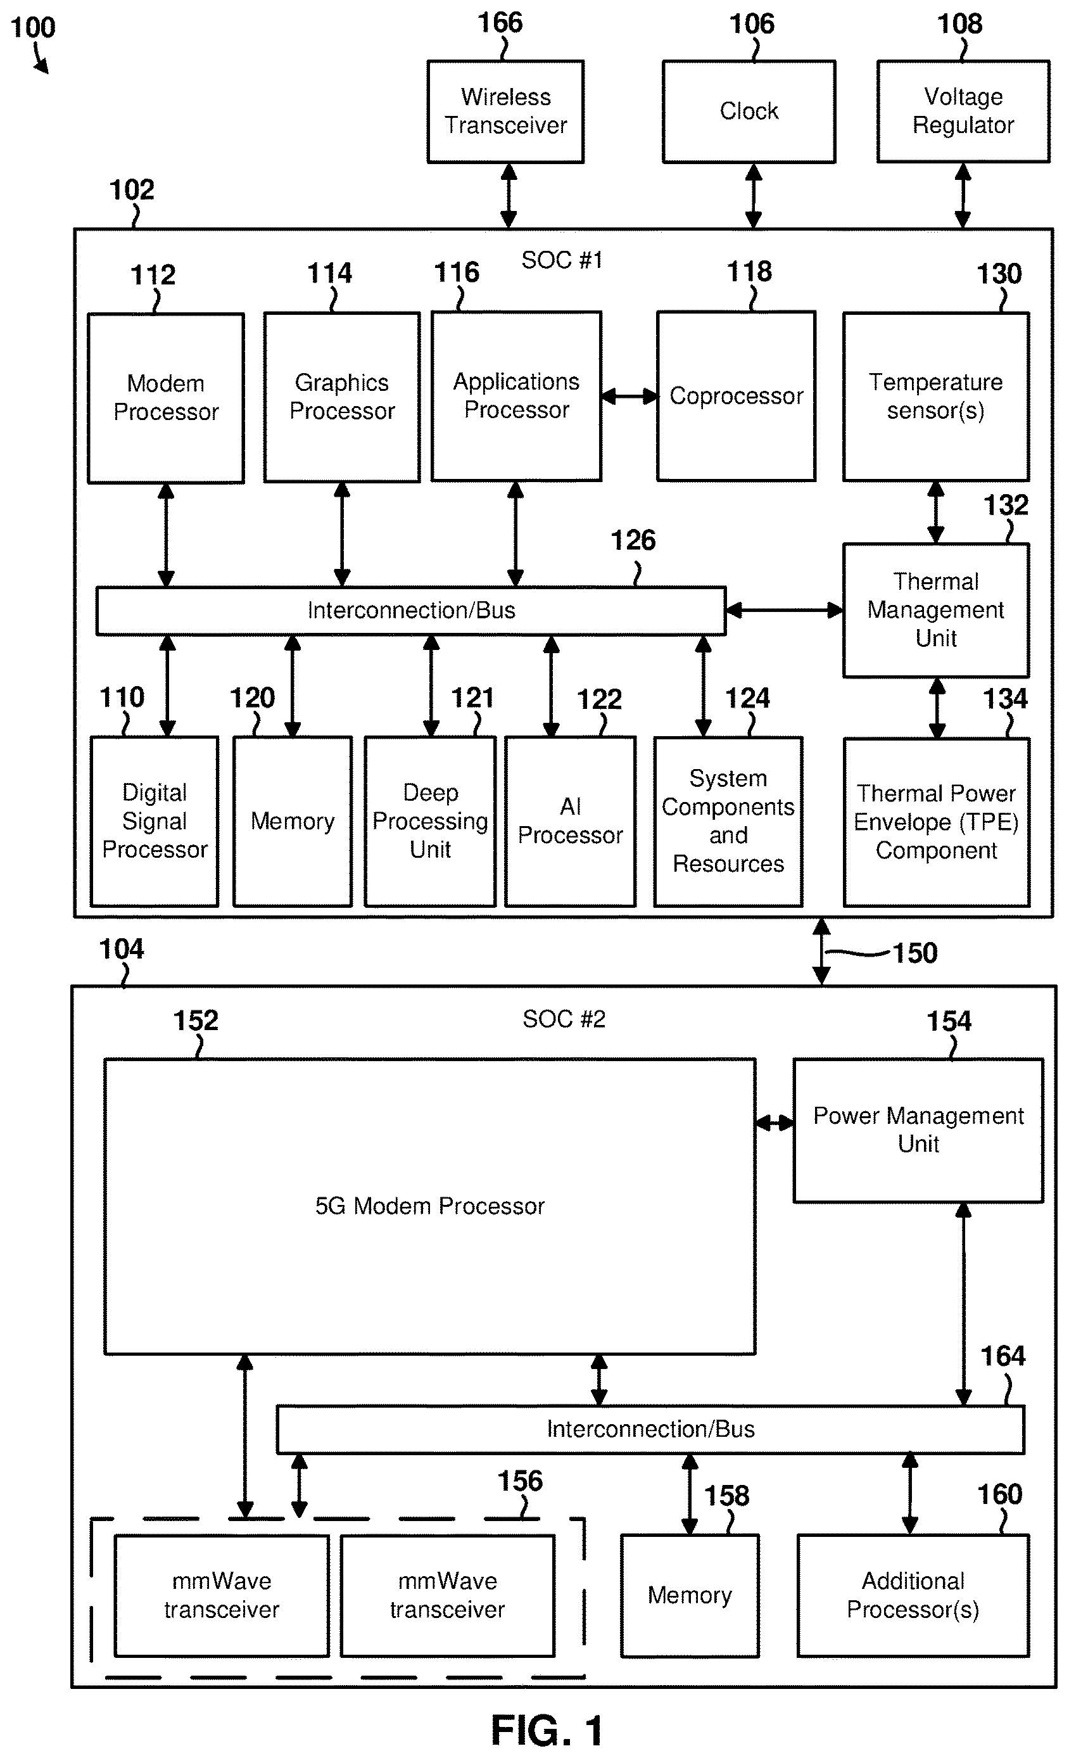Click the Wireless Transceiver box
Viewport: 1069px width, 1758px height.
point(505,111)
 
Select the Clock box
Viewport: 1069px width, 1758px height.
point(749,111)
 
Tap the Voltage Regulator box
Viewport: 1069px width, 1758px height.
point(963,111)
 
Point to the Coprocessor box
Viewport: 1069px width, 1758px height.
point(736,396)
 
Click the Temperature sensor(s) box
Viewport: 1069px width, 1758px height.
point(935,396)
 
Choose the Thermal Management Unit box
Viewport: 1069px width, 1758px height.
point(935,610)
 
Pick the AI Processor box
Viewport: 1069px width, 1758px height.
point(571,821)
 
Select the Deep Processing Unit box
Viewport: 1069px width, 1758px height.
point(430,821)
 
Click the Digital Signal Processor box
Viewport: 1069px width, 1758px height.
point(155,821)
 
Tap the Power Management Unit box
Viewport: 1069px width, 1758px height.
point(918,1130)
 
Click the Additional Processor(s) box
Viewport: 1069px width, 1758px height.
point(913,1595)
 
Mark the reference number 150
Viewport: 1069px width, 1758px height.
point(915,953)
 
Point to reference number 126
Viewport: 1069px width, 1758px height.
point(633,540)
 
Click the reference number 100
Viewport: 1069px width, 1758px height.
point(33,28)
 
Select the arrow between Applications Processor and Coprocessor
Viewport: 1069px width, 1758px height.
point(629,396)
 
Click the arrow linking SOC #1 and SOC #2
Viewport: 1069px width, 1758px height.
point(821,952)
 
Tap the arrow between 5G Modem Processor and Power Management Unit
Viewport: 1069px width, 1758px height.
point(775,1123)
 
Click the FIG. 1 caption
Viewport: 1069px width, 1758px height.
point(547,1730)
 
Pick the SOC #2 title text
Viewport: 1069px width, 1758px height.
point(564,1019)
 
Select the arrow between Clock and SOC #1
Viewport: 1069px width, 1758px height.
point(754,196)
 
